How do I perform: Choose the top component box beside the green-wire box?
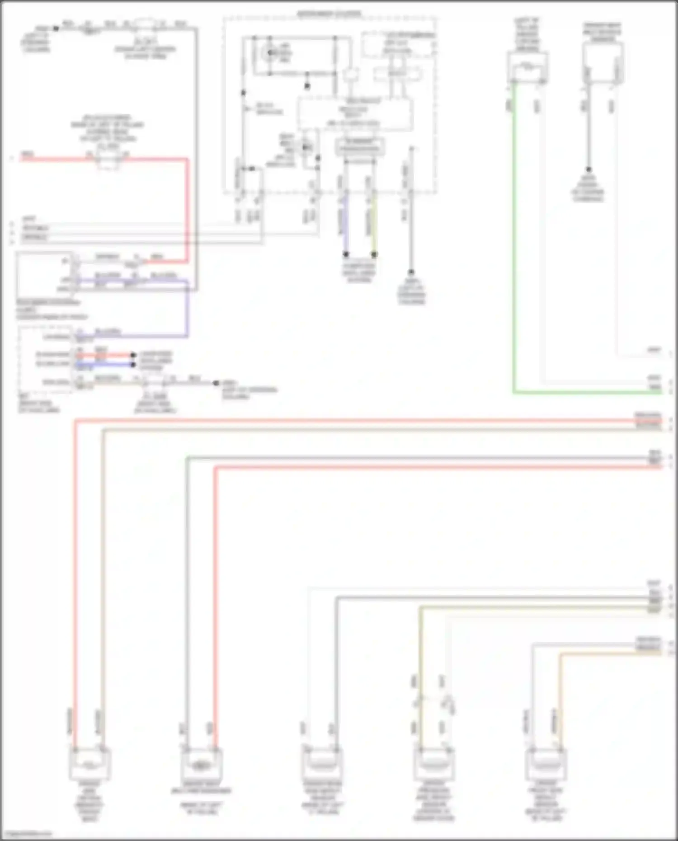coord(603,63)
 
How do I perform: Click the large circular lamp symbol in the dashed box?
coord(271,53)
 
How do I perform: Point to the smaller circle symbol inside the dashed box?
coord(307,147)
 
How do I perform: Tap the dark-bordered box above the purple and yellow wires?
coord(360,147)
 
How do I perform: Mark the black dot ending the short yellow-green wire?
coord(374,255)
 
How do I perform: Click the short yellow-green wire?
coord(374,226)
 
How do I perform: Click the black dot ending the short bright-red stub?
coord(133,355)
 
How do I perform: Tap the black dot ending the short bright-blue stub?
coord(133,364)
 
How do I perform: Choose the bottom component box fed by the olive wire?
coord(433,765)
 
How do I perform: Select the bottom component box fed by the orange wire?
coord(546,765)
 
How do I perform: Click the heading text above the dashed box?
coord(329,14)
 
